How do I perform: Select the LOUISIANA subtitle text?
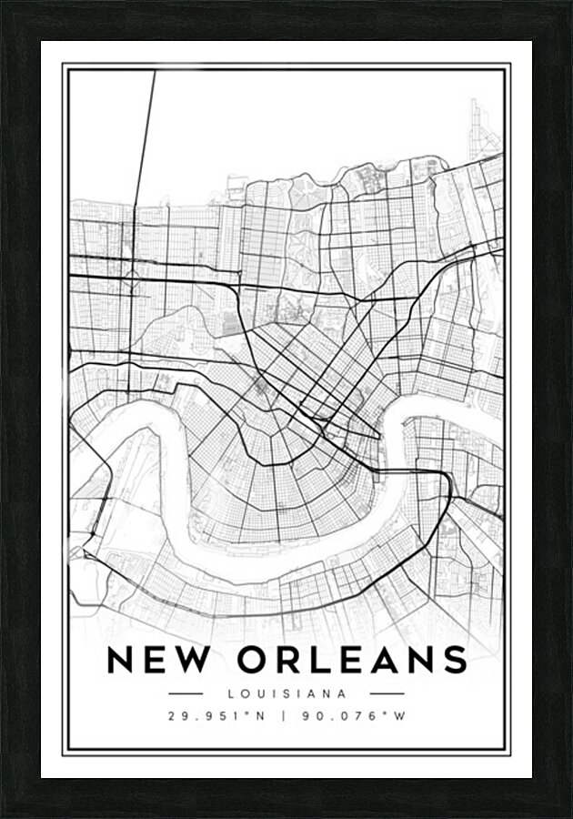287,693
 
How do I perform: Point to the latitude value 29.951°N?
216,716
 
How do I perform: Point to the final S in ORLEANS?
454,659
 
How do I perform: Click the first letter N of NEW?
121,659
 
